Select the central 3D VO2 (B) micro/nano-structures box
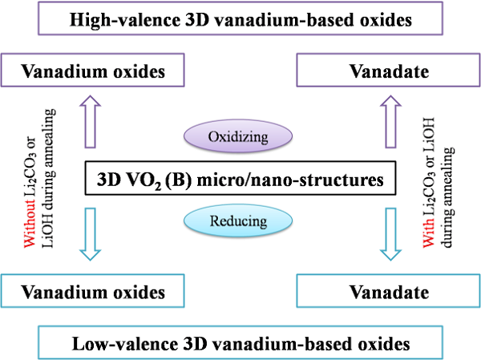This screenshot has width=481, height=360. pyautogui.click(x=240, y=178)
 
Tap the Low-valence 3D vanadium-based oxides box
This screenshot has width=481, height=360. pyautogui.click(x=240, y=343)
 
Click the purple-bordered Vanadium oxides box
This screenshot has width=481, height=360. pyautogui.click(x=93, y=71)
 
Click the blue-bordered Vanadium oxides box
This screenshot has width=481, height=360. pyautogui.click(x=93, y=289)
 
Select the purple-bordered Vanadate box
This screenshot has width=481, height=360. pyautogui.click(x=388, y=71)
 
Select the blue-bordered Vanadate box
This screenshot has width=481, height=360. pyautogui.click(x=388, y=289)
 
